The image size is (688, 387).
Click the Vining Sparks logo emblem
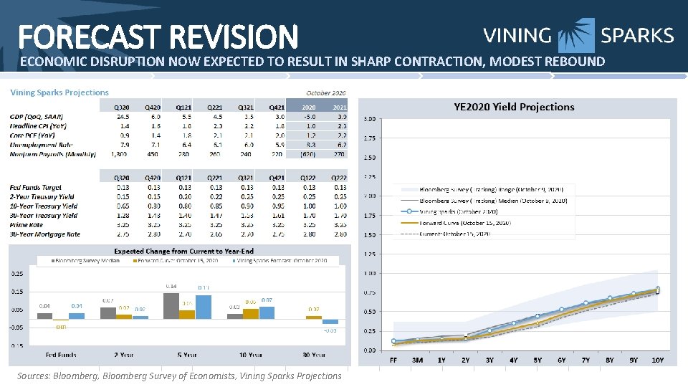576,36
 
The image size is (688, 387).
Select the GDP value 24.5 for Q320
123,115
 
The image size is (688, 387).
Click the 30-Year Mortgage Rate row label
44,234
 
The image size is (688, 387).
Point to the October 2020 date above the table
326,92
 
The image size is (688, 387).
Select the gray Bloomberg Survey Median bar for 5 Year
171,305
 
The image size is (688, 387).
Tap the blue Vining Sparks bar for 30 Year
330,322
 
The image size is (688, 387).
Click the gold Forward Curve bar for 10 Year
251,313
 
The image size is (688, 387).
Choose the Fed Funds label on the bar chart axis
62,354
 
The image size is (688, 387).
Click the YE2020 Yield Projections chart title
514,107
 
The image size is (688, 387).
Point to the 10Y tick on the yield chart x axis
658,360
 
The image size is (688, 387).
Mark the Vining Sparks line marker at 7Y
586,303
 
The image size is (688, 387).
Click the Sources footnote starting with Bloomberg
179,376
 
